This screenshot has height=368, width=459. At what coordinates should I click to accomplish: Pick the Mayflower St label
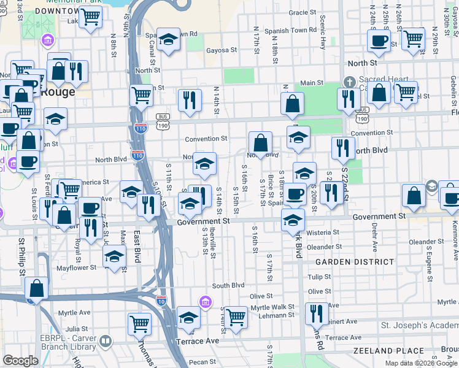pyautogui.click(x=77, y=267)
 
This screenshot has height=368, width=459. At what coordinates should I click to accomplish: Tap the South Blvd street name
pyautogui.click(x=228, y=285)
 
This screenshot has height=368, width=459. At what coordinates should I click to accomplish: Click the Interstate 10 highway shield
pyautogui.click(x=161, y=301)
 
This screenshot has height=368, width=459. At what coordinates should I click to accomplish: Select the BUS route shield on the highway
pyautogui.click(x=163, y=117)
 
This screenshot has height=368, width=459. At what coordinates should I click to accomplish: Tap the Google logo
pyautogui.click(x=20, y=361)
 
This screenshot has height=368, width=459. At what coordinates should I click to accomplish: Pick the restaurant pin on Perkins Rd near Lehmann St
pyautogui.click(x=316, y=313)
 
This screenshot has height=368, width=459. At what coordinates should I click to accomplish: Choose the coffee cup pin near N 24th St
pyautogui.click(x=378, y=41)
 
